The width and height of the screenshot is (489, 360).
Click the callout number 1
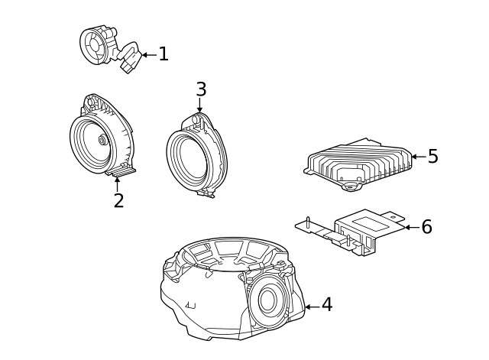pyautogui.click(x=164, y=54)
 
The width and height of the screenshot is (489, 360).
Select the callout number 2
pyautogui.click(x=118, y=200)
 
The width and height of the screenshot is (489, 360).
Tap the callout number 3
pyautogui.click(x=201, y=89)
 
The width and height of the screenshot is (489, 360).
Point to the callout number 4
pyautogui.click(x=327, y=305)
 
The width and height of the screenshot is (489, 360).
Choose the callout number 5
pyautogui.click(x=433, y=157)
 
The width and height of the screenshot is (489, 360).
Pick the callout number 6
pyautogui.click(x=426, y=227)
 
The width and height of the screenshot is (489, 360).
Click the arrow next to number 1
pyautogui.click(x=148, y=54)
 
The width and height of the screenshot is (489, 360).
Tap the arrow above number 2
pyautogui.click(x=118, y=183)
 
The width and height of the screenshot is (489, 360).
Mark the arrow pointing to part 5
pyautogui.click(x=418, y=157)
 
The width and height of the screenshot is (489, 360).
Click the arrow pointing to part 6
pyautogui.click(x=411, y=227)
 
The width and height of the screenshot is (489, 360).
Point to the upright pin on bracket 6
pyautogui.click(x=306, y=222)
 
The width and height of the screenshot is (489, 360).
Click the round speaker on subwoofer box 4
pyautogui.click(x=267, y=300)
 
